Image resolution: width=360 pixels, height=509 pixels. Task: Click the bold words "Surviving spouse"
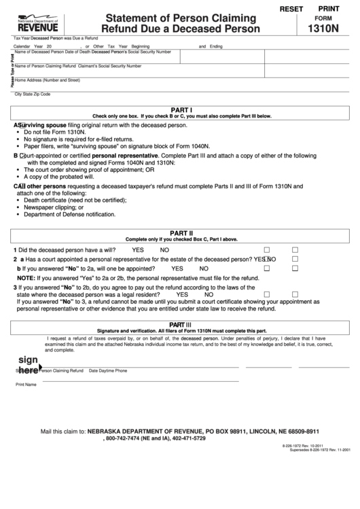click(42, 126)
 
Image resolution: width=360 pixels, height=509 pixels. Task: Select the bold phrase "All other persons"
click(45, 186)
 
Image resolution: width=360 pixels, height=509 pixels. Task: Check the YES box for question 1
click(266, 249)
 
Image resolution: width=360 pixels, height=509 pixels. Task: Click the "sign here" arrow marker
click(28, 365)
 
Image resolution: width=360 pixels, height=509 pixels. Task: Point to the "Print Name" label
click(26, 385)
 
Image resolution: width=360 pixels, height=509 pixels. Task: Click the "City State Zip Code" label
click(33, 93)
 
